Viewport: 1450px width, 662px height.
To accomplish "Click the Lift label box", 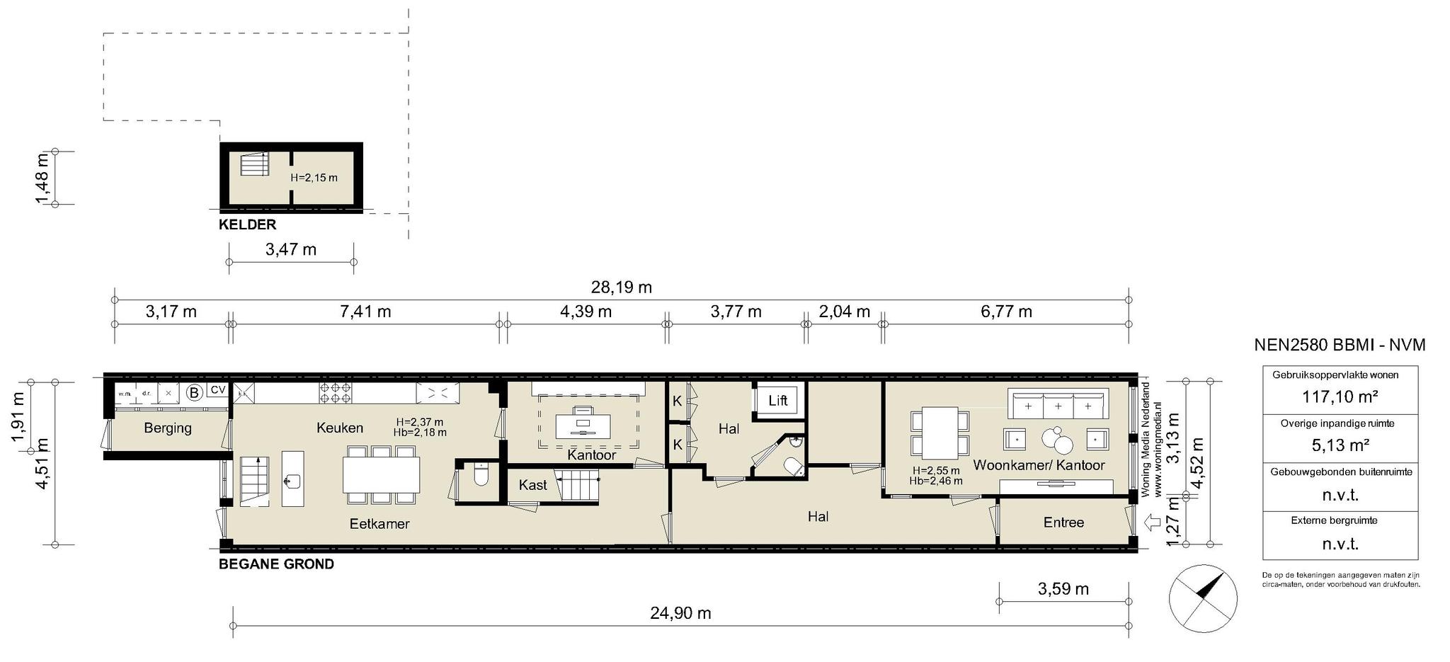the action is pyautogui.click(x=777, y=401).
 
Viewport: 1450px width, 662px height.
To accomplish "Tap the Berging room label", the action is pyautogui.click(x=168, y=428).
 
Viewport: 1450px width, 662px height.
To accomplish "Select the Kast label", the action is pyautogui.click(x=532, y=485).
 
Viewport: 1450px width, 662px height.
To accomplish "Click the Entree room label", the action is pyautogui.click(x=1063, y=523).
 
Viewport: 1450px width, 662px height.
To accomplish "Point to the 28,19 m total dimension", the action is pyautogui.click(x=621, y=287).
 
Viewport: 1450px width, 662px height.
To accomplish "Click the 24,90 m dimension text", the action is pyautogui.click(x=680, y=613).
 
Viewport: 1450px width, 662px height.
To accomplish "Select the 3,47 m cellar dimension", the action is pyautogui.click(x=291, y=249).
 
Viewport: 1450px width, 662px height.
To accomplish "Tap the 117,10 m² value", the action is pyautogui.click(x=1340, y=397).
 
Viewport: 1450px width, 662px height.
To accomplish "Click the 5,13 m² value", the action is pyautogui.click(x=1340, y=445).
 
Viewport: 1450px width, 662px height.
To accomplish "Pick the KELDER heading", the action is pyautogui.click(x=247, y=225).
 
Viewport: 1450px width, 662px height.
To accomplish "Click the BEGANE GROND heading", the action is pyautogui.click(x=276, y=564).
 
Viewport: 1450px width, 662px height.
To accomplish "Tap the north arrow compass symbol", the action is pyautogui.click(x=1203, y=599).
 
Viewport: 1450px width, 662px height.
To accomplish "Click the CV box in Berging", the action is pyautogui.click(x=217, y=390).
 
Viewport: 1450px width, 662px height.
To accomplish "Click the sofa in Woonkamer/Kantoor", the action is pyautogui.click(x=1058, y=404).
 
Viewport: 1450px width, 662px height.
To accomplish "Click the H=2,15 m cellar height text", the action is pyautogui.click(x=314, y=178).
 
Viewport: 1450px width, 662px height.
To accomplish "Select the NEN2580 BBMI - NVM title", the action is pyautogui.click(x=1340, y=345).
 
